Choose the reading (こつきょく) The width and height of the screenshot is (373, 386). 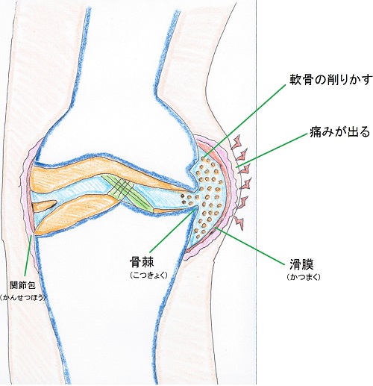pyautogui.click(x=145, y=276)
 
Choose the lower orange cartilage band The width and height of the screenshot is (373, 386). pyautogui.click(x=75, y=213)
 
